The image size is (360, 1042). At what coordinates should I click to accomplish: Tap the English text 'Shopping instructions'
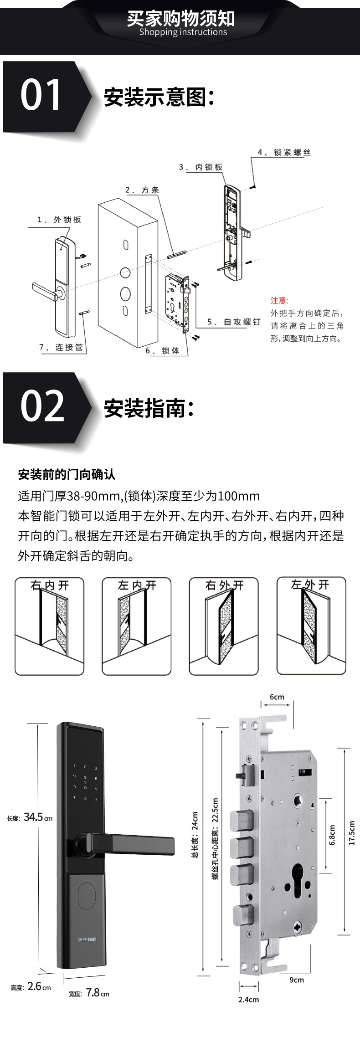(183, 32)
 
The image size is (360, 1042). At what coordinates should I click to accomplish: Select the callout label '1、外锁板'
(59, 220)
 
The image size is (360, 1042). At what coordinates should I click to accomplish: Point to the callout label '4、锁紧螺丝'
(284, 152)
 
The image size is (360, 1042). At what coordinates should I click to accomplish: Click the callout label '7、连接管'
(61, 347)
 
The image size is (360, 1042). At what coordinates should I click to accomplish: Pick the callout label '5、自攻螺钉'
(234, 322)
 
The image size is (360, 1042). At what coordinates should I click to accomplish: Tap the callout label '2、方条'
(142, 190)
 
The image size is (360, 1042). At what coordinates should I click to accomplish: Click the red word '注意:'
(279, 300)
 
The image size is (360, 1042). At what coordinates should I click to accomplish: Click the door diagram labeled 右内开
(50, 626)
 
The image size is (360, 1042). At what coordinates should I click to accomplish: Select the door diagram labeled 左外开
(311, 626)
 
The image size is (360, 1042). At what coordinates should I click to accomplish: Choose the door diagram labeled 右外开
(224, 626)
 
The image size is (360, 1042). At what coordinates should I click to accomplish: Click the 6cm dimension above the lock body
(277, 697)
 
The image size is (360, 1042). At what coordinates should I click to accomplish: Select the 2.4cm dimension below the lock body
(248, 999)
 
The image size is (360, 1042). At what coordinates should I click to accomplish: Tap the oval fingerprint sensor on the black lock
(87, 896)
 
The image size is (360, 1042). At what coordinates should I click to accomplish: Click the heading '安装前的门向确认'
(67, 475)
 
